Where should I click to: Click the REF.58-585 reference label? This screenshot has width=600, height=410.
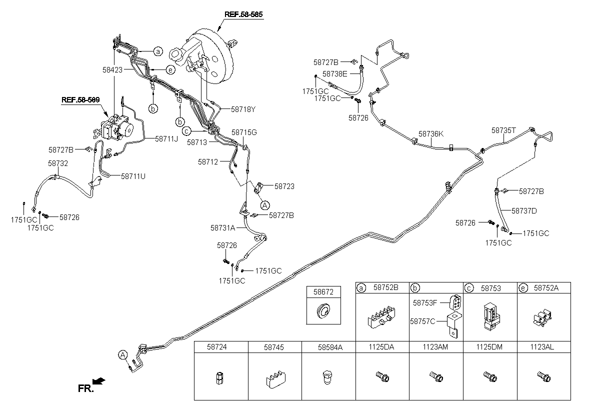point(243,14)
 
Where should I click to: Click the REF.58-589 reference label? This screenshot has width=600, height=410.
point(80,99)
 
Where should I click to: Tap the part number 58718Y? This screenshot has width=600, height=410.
point(243,109)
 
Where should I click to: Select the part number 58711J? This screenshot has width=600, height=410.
point(166,138)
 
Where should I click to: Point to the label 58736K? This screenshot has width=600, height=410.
point(431,133)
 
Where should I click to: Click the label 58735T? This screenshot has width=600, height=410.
point(503,130)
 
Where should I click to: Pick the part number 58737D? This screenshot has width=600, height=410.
point(524,211)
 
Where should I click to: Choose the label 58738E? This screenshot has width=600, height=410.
point(335,73)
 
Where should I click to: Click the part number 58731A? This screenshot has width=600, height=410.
point(222,227)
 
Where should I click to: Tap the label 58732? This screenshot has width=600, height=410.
point(58,163)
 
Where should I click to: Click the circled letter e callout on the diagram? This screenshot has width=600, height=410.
point(170,70)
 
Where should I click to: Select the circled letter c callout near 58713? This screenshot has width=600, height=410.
point(186,131)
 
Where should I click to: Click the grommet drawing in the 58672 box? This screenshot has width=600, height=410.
point(323,311)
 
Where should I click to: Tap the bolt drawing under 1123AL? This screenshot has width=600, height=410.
point(544,377)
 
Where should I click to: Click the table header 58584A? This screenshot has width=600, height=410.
point(330,347)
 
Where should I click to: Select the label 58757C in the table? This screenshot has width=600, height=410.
point(422,321)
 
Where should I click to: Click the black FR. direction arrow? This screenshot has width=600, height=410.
point(99,381)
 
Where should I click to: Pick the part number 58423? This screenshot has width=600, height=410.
point(112,70)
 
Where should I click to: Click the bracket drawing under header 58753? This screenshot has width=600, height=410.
point(490,316)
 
